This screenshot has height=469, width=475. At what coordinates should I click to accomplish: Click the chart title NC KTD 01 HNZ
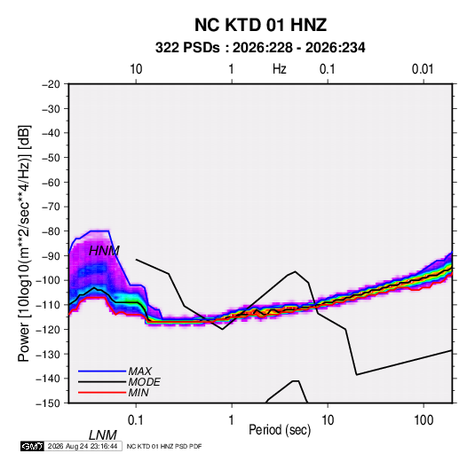(260, 25)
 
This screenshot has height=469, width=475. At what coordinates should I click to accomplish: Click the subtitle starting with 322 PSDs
(260, 48)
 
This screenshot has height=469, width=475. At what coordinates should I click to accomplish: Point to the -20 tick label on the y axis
(51, 84)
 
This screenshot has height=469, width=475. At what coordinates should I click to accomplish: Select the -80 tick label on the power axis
(51, 231)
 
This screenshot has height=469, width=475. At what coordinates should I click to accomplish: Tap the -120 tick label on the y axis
(48, 329)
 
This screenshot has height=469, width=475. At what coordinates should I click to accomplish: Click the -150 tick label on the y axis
(48, 403)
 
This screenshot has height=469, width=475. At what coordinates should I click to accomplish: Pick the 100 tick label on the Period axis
(424, 420)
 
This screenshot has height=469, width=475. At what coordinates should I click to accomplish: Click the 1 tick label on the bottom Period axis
(232, 420)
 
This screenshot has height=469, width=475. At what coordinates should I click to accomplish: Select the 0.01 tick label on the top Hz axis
(423, 69)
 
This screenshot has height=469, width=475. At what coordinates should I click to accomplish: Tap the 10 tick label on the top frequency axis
(136, 69)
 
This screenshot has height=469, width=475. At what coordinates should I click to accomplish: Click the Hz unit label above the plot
(280, 69)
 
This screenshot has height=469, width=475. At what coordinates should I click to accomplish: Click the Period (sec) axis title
(280, 430)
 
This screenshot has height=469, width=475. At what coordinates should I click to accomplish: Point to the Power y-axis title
(24, 243)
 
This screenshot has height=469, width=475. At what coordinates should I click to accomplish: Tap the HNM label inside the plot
(104, 251)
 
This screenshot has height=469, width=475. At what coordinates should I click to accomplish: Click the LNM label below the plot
(103, 435)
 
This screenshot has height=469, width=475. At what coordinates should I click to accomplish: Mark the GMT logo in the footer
(32, 446)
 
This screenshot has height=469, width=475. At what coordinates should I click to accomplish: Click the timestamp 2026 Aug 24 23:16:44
(83, 446)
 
